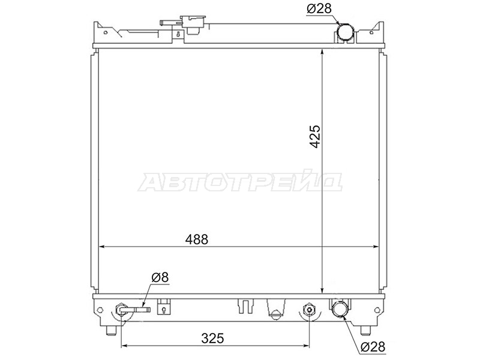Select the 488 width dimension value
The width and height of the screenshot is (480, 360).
[x=197, y=239]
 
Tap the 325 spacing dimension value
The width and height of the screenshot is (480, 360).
[x=213, y=338]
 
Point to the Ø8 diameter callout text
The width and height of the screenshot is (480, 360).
[x=160, y=277]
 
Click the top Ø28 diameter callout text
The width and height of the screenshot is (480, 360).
[x=319, y=8]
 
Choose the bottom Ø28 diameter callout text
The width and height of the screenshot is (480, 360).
[x=373, y=347]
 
